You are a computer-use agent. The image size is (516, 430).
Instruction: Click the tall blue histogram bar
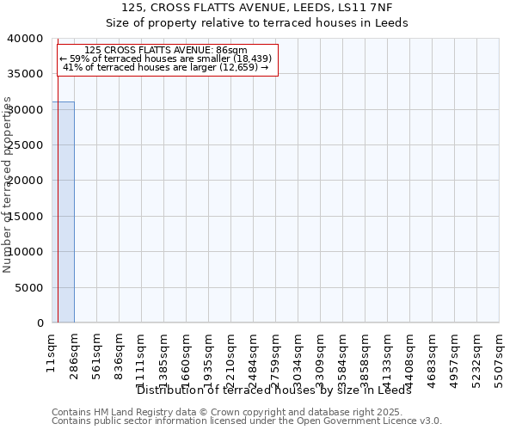(64, 212)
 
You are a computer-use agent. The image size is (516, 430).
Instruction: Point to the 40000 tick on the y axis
(28, 39)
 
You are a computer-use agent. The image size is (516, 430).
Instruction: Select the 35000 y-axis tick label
(28, 74)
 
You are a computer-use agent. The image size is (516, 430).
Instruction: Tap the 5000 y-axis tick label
(31, 287)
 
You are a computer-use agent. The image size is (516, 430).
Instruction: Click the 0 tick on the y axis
(40, 322)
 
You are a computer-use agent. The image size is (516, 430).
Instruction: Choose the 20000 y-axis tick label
(28, 181)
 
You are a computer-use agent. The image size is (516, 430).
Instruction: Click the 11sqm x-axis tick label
(52, 351)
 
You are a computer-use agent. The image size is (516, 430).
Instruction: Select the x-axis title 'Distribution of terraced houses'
(274, 390)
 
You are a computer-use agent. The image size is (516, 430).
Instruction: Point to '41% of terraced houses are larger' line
(166, 67)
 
